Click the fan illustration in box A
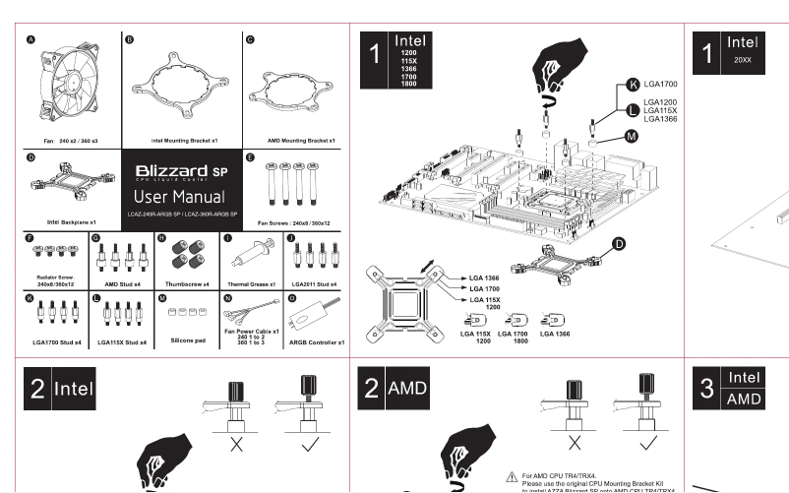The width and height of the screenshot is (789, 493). coord(74,87)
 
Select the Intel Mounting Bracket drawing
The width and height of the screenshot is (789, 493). coord(182,88)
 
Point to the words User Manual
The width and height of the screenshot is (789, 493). coord(182,198)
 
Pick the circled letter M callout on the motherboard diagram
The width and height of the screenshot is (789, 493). coord(632,136)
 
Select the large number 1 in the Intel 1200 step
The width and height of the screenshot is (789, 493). coord(374,56)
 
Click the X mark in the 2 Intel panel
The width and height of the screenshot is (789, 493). coord(236,446)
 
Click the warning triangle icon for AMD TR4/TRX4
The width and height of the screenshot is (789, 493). coord(512,475)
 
